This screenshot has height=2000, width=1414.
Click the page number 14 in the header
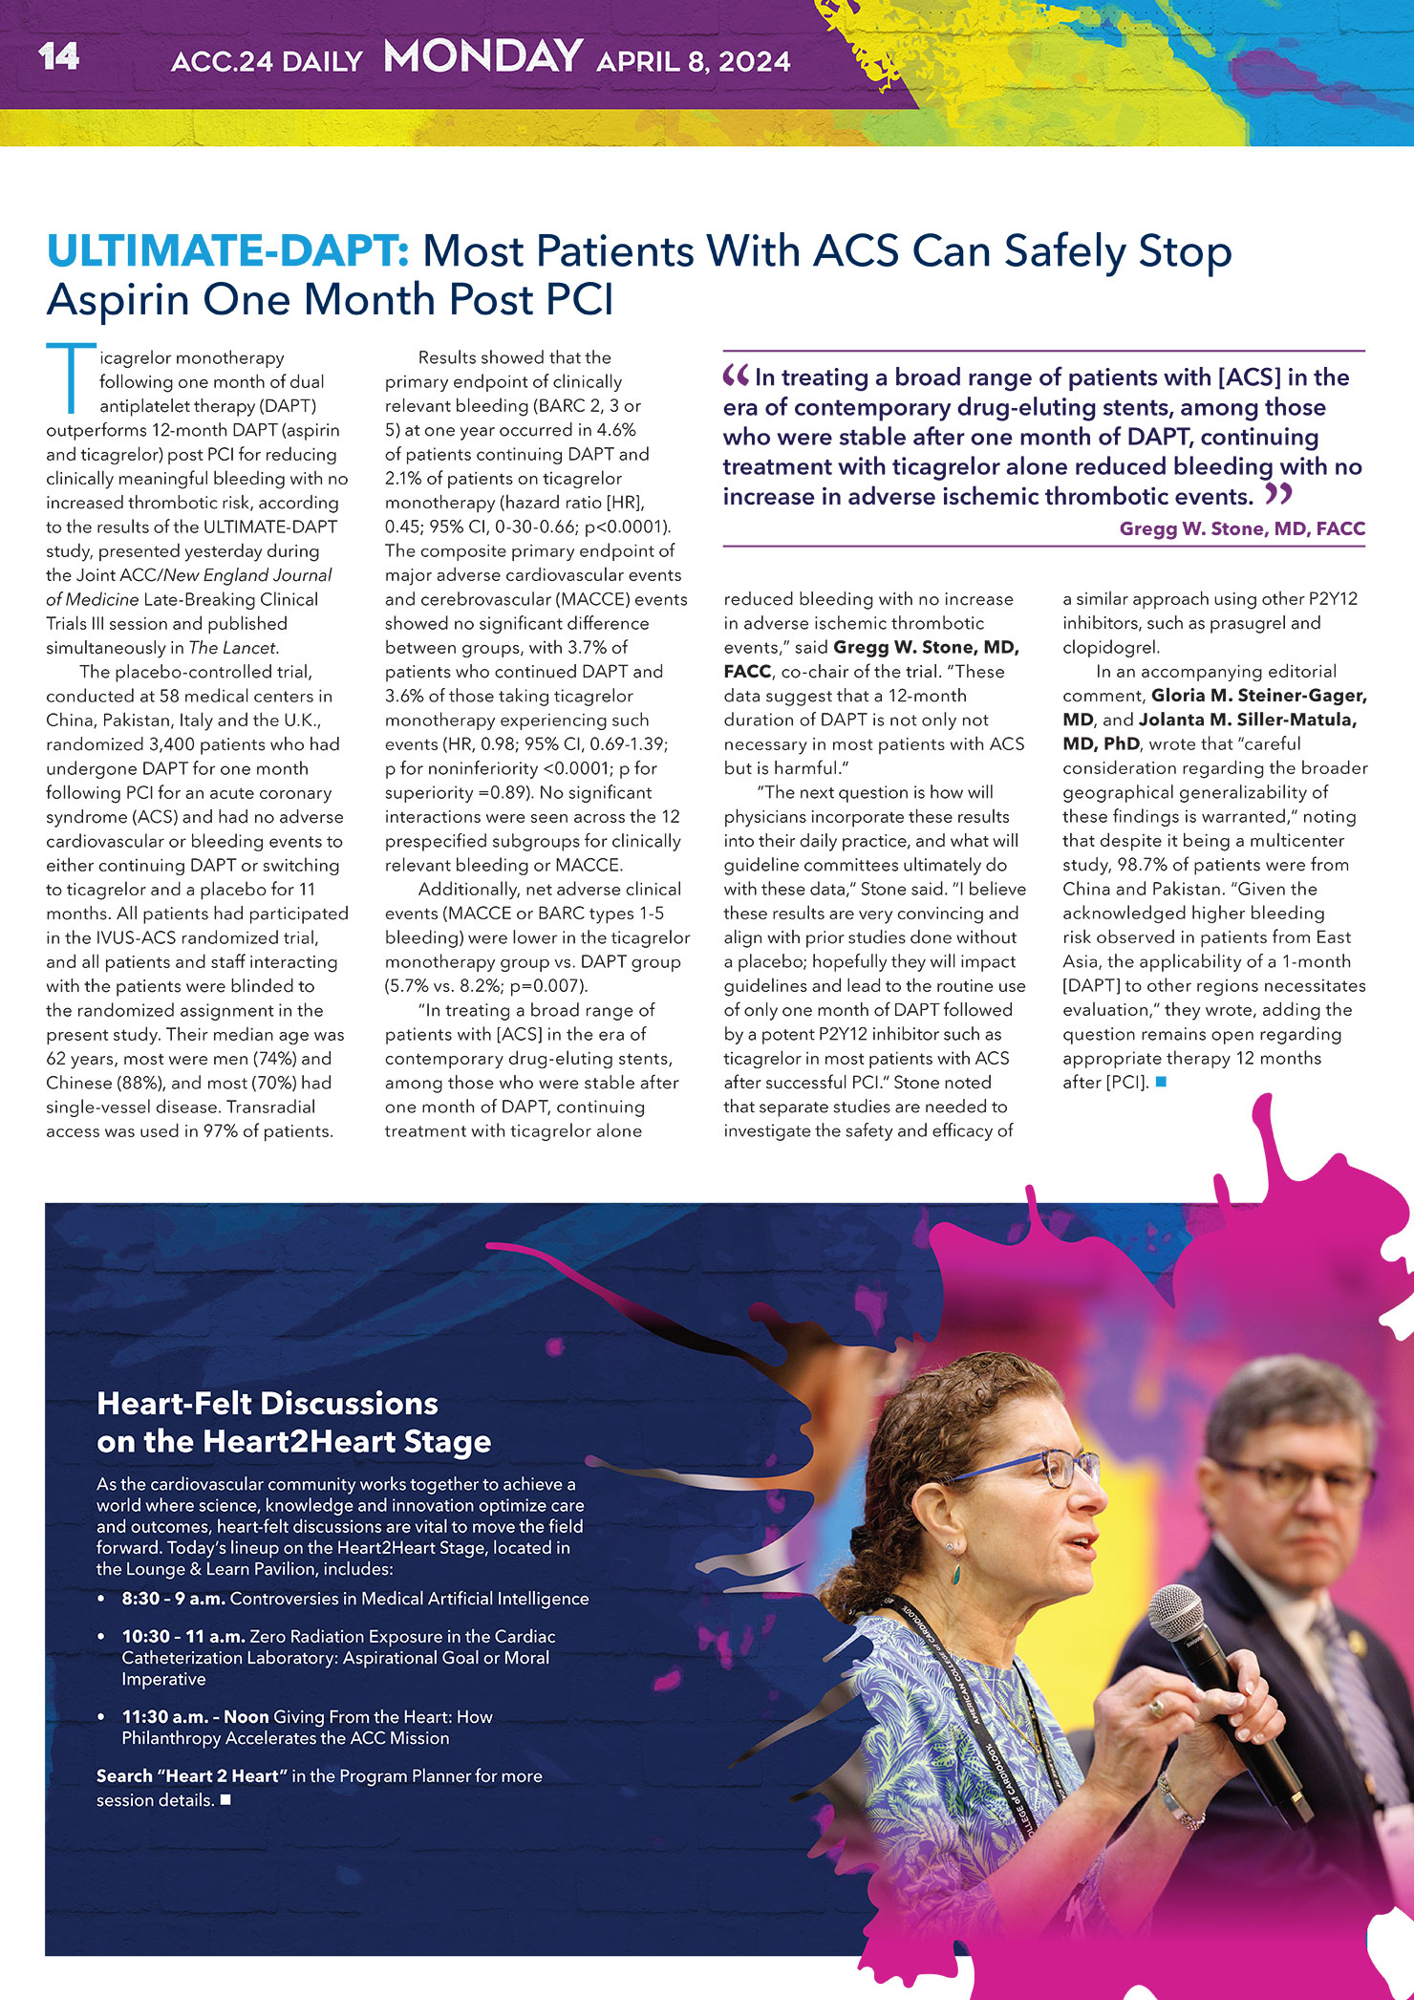[x=59, y=57]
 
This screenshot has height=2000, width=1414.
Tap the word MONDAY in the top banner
[x=482, y=57]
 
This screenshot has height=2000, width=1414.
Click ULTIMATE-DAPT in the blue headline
[x=228, y=251]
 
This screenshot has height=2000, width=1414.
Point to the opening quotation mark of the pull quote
[x=736, y=376]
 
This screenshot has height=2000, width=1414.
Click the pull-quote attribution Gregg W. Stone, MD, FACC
[x=1241, y=528]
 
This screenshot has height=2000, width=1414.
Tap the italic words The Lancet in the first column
[x=233, y=648]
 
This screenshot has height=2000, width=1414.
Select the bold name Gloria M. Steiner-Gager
[x=1258, y=696]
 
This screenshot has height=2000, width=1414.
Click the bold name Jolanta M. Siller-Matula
[x=1247, y=720]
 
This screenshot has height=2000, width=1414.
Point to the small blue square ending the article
[x=1161, y=1083]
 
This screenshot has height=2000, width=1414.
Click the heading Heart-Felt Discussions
[x=268, y=1403]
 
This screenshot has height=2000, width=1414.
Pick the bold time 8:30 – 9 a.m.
[x=173, y=1599]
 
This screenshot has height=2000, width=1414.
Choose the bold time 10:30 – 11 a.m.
[x=182, y=1637]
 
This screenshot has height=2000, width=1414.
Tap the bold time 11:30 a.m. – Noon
[x=195, y=1717]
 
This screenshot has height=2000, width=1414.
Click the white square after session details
[x=225, y=1800]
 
